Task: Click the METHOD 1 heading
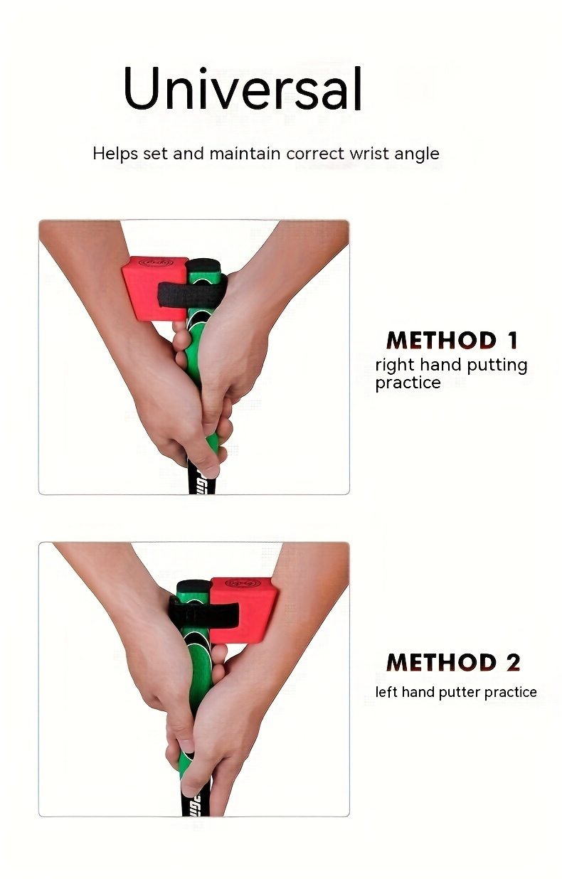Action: click(452, 340)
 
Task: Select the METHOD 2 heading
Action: click(453, 663)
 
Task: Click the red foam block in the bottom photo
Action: click(246, 608)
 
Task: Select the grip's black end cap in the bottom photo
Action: click(193, 587)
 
